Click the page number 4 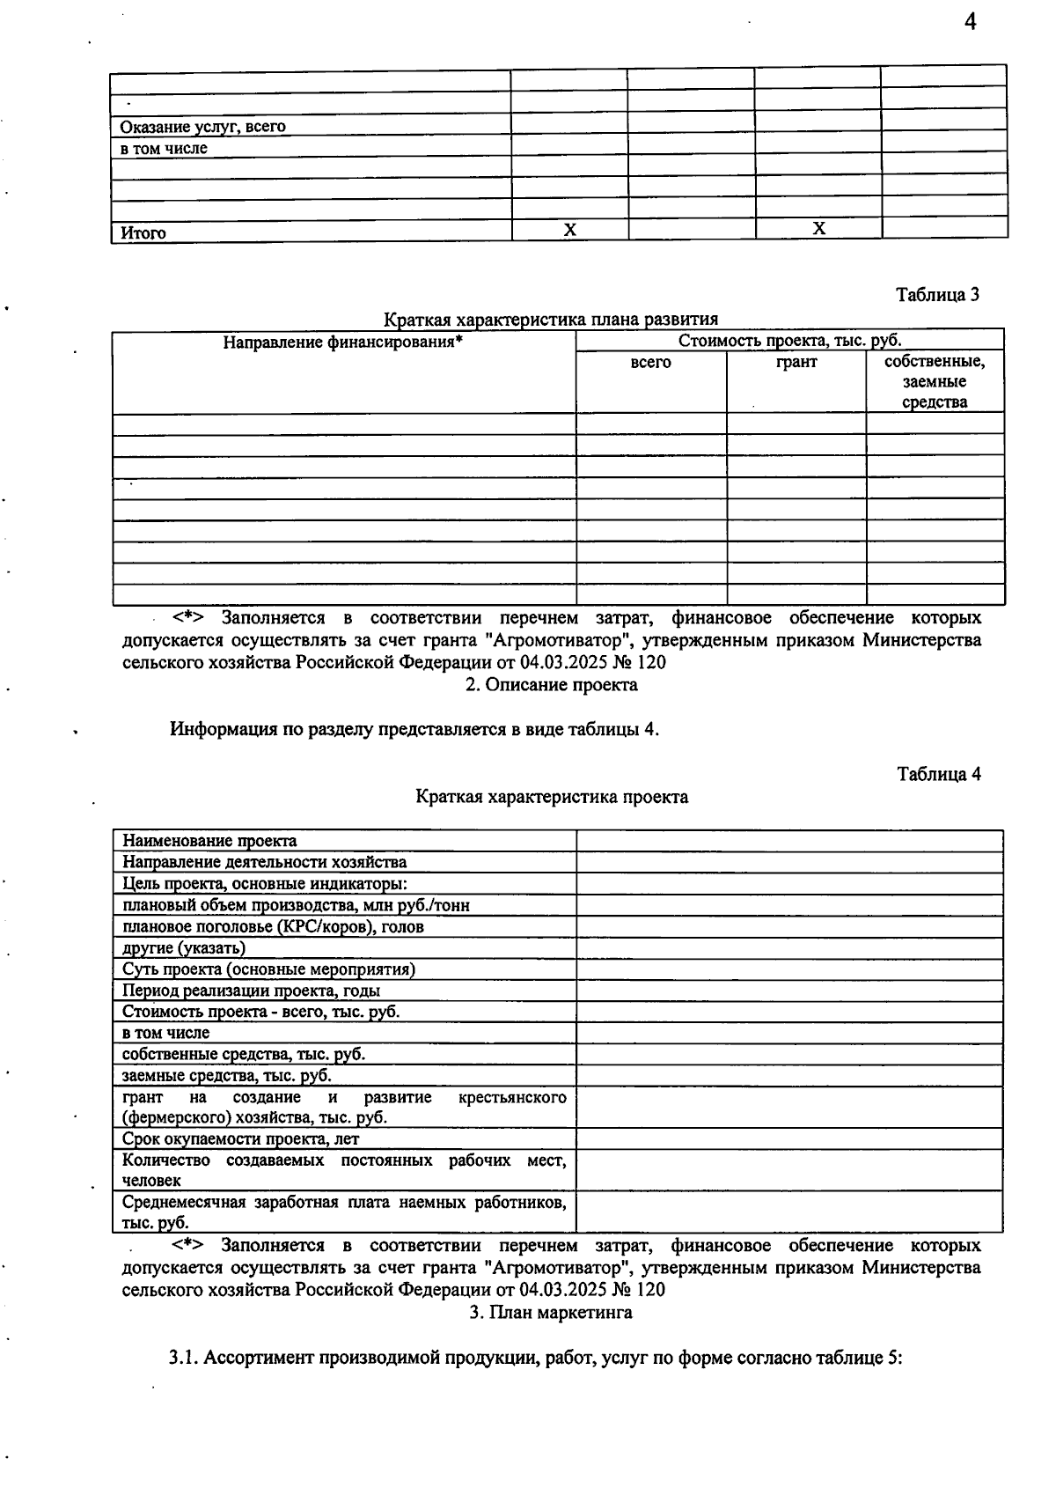(970, 23)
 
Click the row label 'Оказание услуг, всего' (203, 127)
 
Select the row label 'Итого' (143, 233)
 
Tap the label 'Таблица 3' (937, 295)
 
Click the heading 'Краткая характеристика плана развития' (551, 320)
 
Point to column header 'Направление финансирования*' (342, 342)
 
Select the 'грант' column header (796, 362)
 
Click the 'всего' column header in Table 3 (651, 362)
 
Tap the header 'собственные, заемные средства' (935, 382)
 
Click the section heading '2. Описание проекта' (552, 684)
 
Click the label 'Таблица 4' (939, 774)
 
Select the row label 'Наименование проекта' (209, 841)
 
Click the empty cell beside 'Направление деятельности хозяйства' (789, 862)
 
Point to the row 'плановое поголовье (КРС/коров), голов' (273, 926)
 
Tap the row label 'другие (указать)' (184, 947)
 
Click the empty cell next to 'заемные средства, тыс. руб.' (789, 1075)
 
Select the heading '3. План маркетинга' (551, 1312)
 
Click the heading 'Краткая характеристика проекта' (552, 797)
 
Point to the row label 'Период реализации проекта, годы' (251, 991)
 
